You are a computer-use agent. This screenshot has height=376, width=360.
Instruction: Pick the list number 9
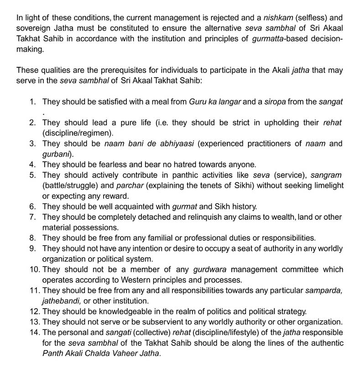pyautogui.click(x=33, y=248)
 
